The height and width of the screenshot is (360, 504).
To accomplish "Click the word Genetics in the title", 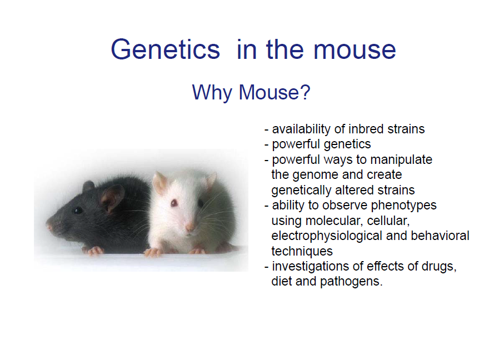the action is coord(166,49).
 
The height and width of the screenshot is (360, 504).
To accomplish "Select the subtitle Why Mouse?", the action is coord(251,92).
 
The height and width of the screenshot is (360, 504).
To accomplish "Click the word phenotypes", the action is coord(404,205).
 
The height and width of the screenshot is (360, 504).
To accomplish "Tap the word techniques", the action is coord(302,251).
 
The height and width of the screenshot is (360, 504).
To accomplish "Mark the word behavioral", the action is coord(440,236).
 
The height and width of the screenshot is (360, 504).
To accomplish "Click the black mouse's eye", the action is coord(78,210).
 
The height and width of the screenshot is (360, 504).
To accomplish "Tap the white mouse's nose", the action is coord(189,227).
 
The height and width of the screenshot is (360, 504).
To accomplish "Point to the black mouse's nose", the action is coord(49,226).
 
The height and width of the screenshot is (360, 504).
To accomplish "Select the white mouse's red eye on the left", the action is coord(174,203).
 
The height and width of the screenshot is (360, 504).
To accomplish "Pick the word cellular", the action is coord(390,221).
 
